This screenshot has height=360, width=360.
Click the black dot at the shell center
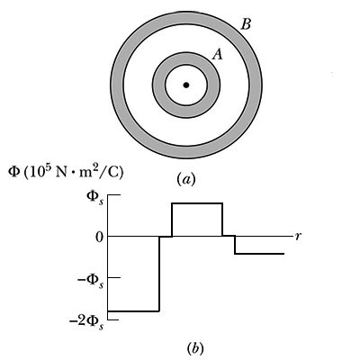coord(186,85)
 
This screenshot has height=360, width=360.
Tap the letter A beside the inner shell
coord(217,55)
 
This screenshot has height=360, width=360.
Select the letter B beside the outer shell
coord(246,24)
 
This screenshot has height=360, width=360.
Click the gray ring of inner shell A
coord(158,85)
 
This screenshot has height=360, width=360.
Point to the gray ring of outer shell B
coord(117,85)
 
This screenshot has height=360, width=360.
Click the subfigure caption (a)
coord(186,179)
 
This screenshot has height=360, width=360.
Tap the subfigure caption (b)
coord(195,348)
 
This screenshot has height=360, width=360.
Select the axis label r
coord(298,237)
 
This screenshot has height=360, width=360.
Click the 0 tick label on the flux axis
coord(99,238)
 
